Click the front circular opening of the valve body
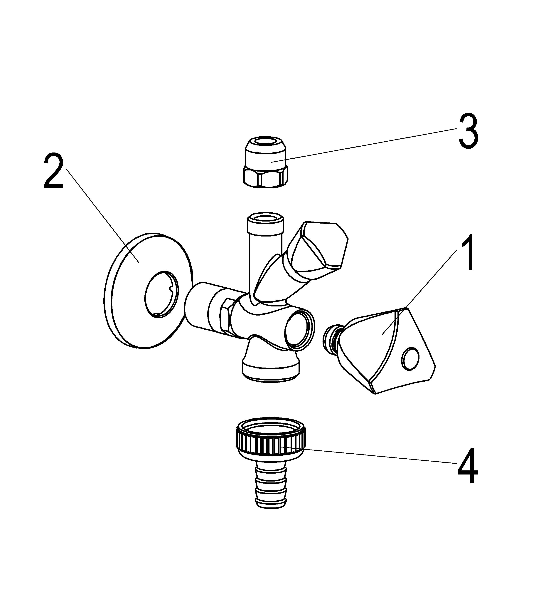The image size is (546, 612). [x=299, y=330]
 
